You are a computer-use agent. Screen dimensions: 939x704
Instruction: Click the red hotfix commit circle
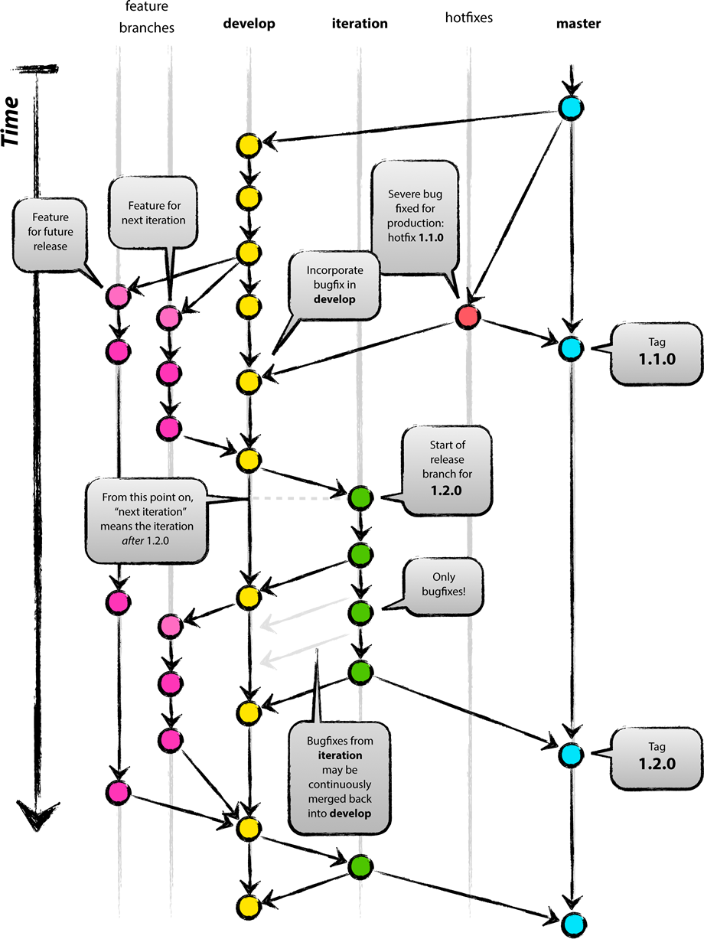468,316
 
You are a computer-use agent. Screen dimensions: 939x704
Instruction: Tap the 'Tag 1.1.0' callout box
656,352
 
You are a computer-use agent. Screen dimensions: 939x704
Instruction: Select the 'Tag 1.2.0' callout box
656,756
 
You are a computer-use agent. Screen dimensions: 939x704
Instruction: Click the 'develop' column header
249,24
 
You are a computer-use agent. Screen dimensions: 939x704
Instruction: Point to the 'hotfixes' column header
468,18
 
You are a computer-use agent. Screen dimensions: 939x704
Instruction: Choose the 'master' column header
578,24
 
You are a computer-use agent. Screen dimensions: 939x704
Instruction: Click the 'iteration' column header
360,24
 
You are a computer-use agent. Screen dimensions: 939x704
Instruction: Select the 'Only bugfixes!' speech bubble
443,585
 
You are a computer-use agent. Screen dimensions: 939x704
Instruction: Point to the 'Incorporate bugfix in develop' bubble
334,285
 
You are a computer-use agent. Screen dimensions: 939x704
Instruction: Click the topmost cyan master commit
570,108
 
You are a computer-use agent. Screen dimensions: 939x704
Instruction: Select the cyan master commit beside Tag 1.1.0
570,348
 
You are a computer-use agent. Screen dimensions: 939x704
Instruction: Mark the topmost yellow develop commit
249,144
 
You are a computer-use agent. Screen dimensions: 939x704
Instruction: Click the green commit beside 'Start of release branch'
360,498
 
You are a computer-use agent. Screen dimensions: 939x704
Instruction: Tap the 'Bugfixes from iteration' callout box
339,777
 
